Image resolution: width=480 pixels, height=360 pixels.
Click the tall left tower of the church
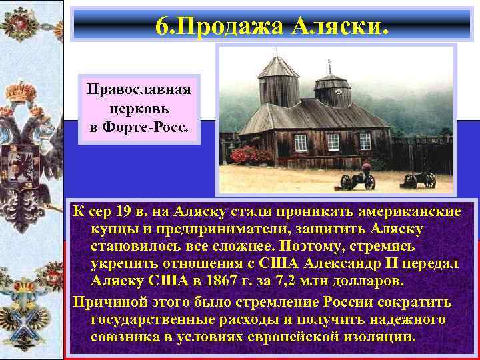pyautogui.click(x=279, y=83)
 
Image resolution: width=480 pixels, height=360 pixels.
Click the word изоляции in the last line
pyautogui.click(x=377, y=337)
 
